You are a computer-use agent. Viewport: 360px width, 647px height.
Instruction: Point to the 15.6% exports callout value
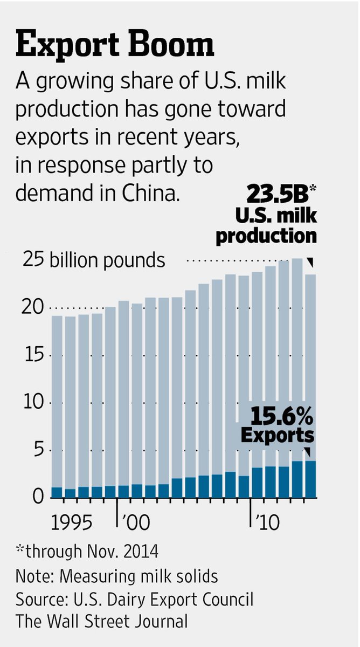[281, 415]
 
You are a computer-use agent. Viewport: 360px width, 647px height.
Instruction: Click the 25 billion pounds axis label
[94, 260]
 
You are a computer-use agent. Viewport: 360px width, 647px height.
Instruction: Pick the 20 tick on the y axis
[33, 308]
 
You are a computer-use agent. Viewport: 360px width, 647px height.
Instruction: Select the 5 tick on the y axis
[39, 450]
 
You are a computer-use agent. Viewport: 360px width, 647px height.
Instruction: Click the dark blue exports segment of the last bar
[310, 479]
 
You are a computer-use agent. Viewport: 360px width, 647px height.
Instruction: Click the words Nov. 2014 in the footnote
[122, 551]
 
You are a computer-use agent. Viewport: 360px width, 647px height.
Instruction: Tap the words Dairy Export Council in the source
[181, 599]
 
